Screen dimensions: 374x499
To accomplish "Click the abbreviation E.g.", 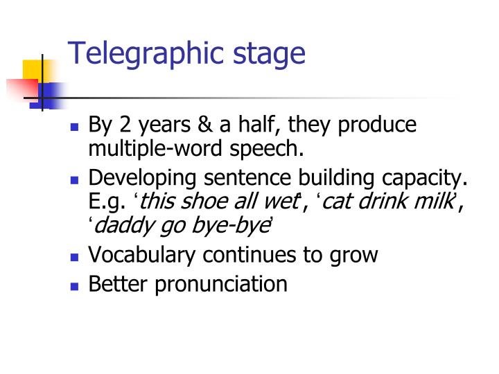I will (107, 202).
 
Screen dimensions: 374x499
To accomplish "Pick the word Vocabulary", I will (145, 255).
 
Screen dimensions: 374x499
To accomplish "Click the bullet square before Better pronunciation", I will (76, 285).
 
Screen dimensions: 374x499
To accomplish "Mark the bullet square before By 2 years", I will (76, 127).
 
